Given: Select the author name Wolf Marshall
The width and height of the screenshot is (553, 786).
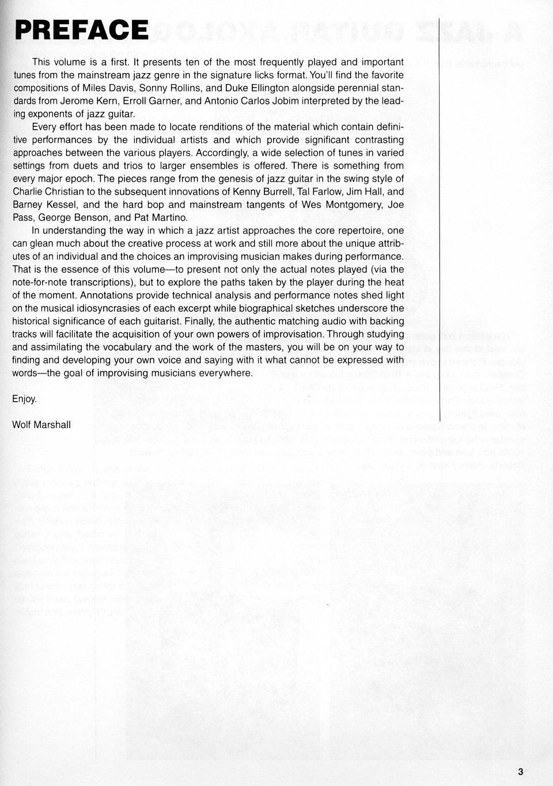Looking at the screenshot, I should (41, 425).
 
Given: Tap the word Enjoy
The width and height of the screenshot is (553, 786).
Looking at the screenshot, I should (25, 399).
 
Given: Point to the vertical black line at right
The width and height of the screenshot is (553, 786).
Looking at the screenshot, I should (440, 230).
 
